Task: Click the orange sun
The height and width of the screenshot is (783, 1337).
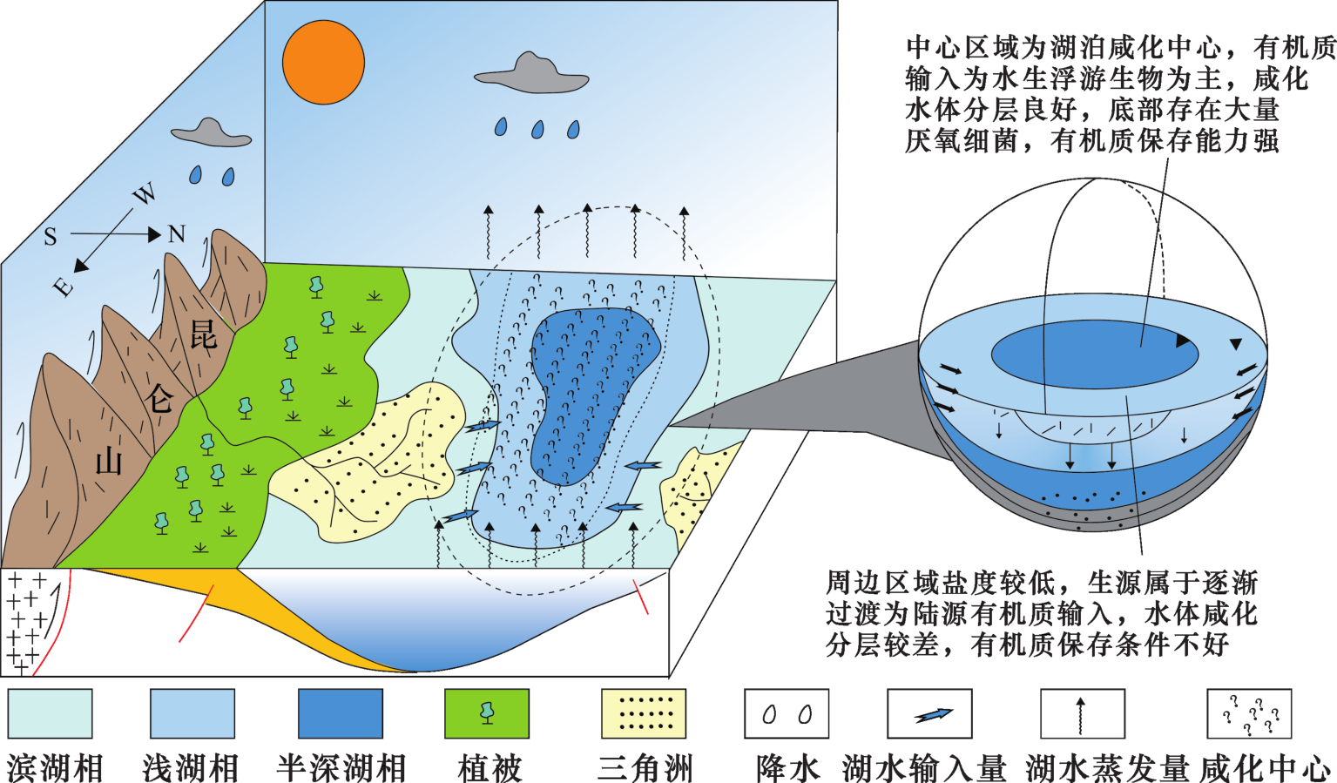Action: pos(323,62)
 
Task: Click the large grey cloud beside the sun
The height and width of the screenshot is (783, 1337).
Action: pos(532,73)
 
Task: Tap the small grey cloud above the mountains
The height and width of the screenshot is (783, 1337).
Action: pos(212,132)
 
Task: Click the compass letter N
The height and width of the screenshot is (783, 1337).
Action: pos(177,234)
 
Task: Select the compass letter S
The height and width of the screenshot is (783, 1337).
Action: pos(51,237)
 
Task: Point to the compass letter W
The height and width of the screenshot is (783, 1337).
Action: pos(144,193)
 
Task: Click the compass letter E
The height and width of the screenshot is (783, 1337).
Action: pos(64,287)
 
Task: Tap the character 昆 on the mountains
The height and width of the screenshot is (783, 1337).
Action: pos(204,334)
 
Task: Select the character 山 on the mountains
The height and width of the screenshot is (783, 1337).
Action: pos(109,460)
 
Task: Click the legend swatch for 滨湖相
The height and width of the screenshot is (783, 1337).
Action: pos(51,714)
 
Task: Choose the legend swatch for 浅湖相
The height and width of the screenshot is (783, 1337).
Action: pos(192,714)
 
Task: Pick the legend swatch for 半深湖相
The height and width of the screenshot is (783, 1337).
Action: pos(341,714)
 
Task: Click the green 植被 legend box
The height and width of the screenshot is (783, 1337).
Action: pos(487,714)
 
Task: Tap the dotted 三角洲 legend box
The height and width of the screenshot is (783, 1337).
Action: pos(644,714)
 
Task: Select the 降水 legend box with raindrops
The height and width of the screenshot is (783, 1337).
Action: pos(787,714)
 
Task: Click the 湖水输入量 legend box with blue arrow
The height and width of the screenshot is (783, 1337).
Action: pos(929,714)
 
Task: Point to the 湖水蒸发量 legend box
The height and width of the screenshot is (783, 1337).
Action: pos(1083,714)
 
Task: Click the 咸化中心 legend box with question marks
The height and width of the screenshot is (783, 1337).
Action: pos(1249,714)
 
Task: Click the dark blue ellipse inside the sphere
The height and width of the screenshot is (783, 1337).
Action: pos(1095,354)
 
